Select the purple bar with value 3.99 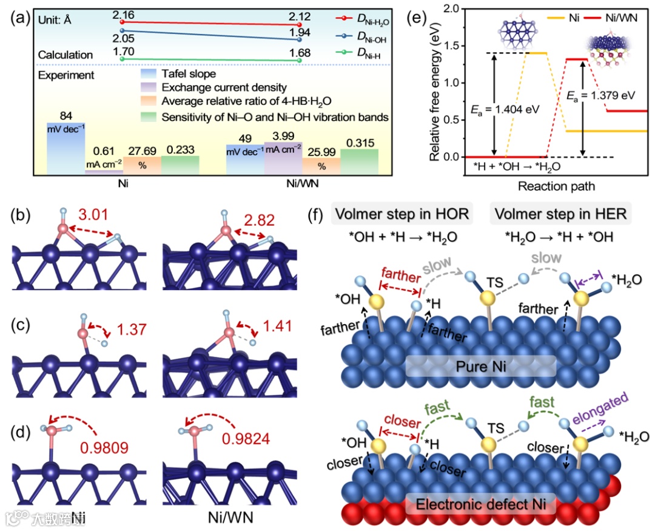[x=283, y=158]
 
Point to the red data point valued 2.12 [x=300, y=24]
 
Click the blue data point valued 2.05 [x=123, y=30]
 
